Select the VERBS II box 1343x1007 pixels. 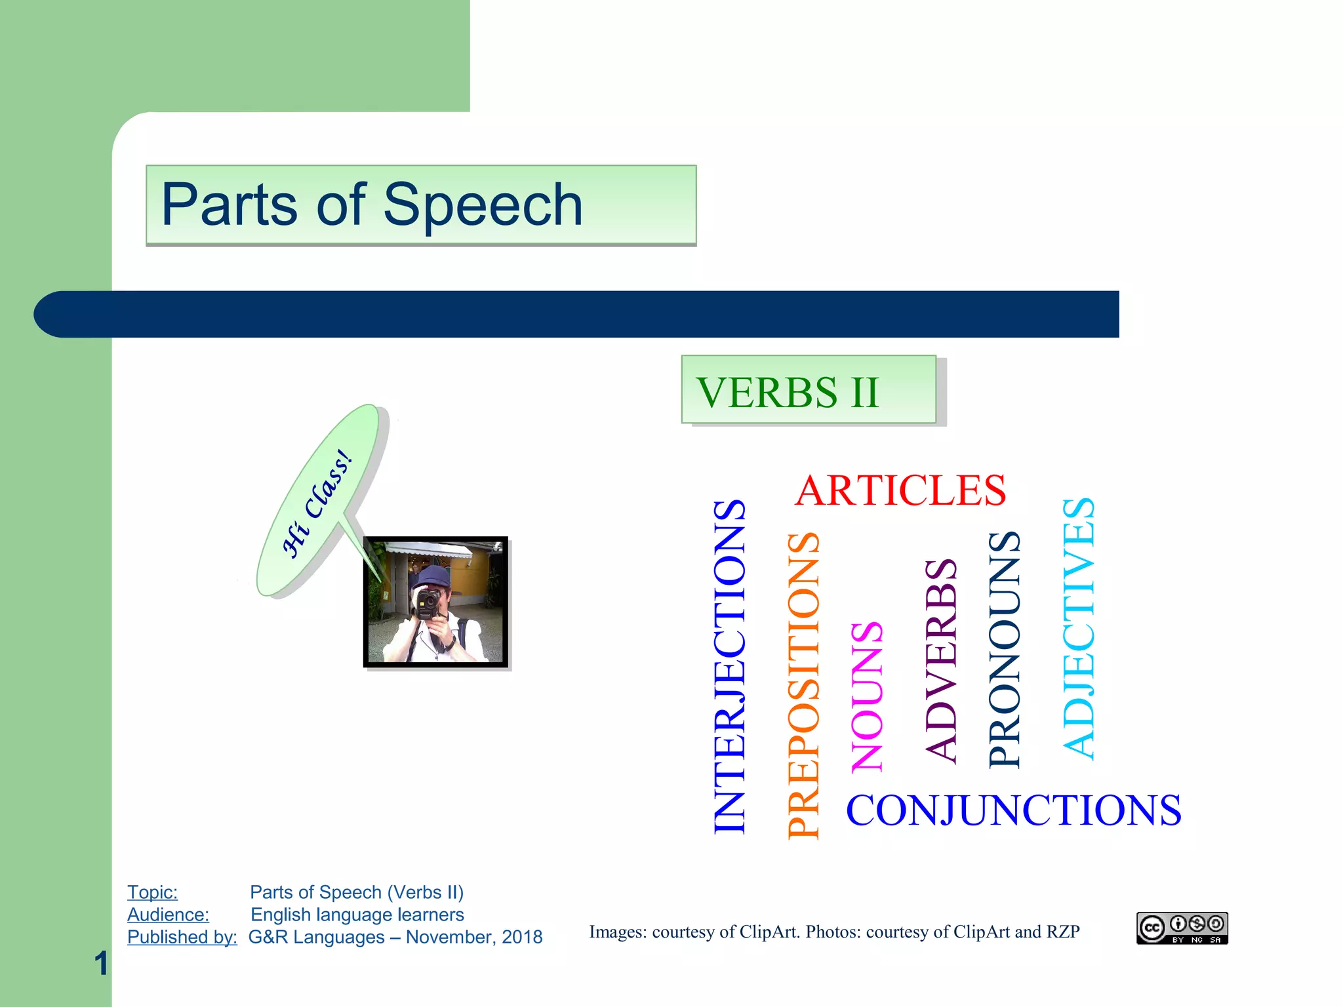(x=808, y=390)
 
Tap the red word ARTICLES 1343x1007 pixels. (x=900, y=490)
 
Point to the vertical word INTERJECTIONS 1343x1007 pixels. (x=729, y=665)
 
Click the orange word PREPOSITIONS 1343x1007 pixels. (x=803, y=685)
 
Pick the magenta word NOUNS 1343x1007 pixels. (x=867, y=696)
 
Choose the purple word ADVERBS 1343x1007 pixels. (x=940, y=660)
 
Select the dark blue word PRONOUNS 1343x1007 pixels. (x=1004, y=649)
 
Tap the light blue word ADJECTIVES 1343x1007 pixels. (x=1078, y=628)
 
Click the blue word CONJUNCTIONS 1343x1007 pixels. (x=1013, y=810)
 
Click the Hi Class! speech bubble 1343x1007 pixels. (x=318, y=502)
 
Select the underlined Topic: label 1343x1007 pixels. (x=152, y=892)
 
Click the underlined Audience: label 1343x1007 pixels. (x=168, y=915)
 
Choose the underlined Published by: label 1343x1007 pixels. (x=182, y=937)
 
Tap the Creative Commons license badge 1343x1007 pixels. (x=1182, y=928)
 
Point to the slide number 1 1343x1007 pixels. (x=101, y=963)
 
